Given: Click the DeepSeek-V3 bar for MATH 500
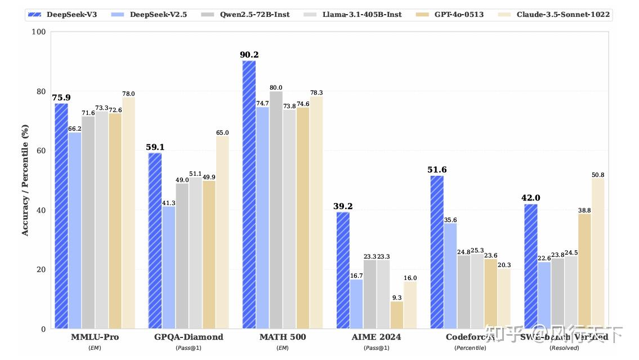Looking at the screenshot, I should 249,194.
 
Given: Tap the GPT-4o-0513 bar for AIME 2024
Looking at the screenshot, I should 397,315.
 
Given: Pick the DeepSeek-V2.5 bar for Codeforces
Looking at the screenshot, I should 450,276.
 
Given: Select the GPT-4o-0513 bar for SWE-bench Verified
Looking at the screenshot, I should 585,271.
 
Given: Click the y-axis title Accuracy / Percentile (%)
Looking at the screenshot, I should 25,180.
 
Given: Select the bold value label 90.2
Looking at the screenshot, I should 249,55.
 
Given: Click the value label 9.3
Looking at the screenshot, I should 397,297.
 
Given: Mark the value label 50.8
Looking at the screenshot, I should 598,175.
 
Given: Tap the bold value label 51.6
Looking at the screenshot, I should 437,170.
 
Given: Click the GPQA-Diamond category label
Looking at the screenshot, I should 189,337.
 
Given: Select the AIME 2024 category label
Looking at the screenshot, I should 377,337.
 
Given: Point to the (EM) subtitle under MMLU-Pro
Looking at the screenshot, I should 95,348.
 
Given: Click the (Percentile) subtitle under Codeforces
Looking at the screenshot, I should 470,348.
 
